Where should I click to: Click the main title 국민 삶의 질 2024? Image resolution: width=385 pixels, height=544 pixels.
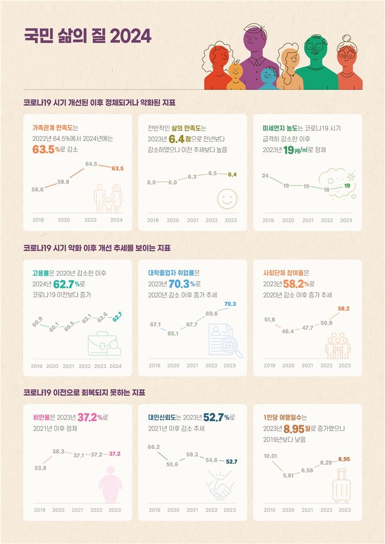[87, 36]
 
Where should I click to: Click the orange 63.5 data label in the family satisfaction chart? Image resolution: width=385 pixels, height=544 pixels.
[117, 169]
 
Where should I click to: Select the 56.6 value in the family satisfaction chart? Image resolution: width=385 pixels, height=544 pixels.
[37, 189]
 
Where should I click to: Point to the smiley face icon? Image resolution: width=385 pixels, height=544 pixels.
[225, 199]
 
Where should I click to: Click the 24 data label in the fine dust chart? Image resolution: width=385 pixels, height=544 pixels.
[265, 175]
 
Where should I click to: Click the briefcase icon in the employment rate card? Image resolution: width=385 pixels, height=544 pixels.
[104, 343]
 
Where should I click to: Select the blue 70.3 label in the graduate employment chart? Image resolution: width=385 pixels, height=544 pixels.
[230, 304]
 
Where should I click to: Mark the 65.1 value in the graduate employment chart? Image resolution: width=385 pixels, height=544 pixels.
[173, 333]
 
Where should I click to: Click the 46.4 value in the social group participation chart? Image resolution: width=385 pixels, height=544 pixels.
[288, 331]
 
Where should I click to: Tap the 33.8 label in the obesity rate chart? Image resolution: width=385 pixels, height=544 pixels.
[40, 468]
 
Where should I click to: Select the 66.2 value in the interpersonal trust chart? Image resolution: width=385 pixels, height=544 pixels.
[154, 447]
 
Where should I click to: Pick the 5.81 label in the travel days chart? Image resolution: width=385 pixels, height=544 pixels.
[288, 475]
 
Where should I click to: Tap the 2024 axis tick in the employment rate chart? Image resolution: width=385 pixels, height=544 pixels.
[115, 366]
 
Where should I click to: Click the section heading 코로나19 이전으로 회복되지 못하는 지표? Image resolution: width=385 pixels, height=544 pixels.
[84, 392]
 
